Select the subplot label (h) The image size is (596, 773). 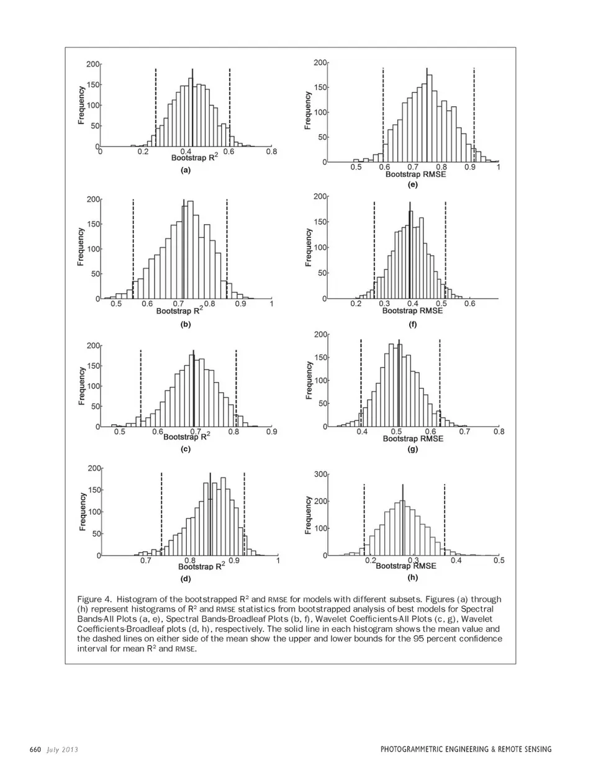pos(412,577)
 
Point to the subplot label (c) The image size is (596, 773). pos(185,449)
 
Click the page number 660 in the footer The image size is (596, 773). pos(35,749)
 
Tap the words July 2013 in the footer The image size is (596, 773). pos(61,749)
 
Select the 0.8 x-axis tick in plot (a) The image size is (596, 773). pos(271,151)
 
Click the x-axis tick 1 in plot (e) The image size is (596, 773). pos(499,167)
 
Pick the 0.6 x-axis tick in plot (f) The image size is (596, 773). pos(469,304)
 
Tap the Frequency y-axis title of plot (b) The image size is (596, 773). pos(81,246)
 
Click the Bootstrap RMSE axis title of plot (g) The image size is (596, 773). pos(413,438)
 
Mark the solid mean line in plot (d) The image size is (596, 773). pos(210,515)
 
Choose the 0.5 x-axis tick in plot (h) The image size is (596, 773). pos(499,561)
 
